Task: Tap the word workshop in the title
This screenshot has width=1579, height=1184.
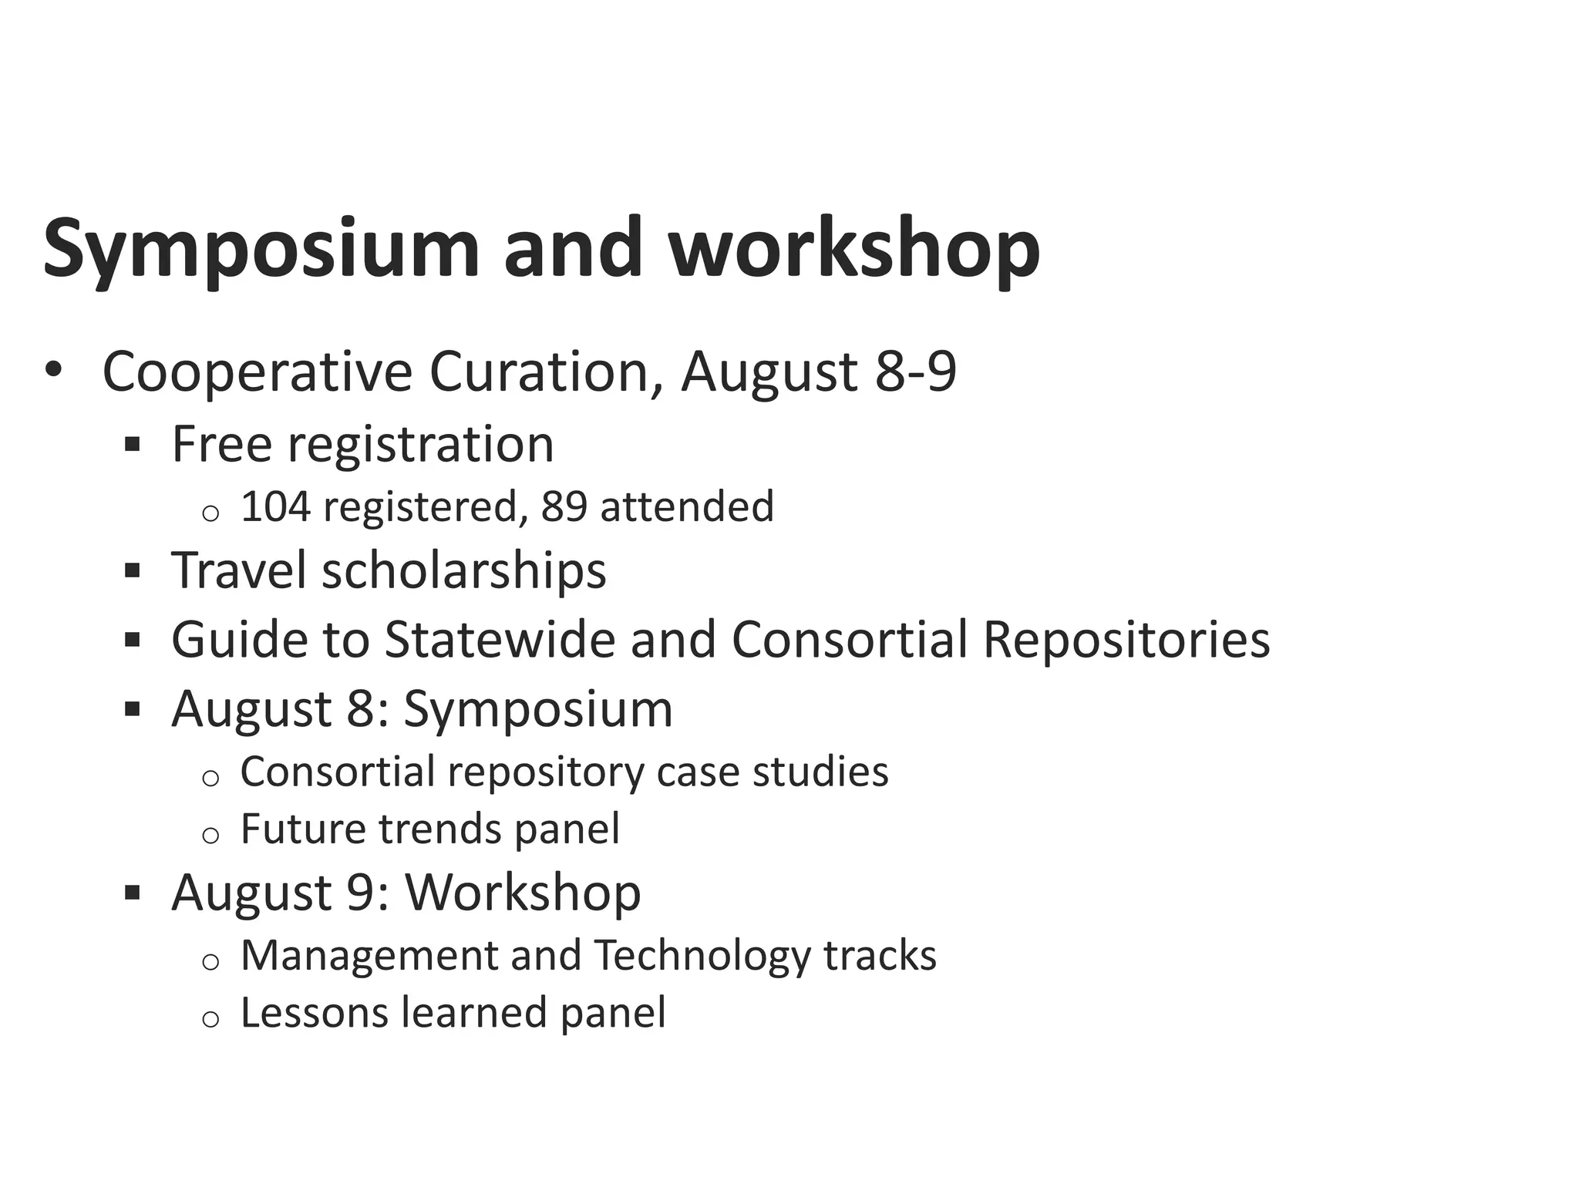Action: [853, 248]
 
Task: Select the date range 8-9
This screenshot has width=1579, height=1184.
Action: [915, 372]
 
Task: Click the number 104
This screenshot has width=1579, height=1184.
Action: [275, 506]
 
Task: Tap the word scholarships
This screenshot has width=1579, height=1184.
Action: [464, 570]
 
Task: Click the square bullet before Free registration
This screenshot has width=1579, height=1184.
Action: [132, 445]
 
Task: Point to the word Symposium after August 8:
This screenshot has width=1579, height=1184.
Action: [538, 709]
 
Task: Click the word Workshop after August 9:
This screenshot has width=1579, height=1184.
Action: [523, 893]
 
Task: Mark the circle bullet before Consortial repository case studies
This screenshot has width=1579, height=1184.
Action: [210, 778]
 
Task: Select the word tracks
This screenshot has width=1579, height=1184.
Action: [880, 956]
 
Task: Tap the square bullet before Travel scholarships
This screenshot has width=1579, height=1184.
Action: [132, 571]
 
